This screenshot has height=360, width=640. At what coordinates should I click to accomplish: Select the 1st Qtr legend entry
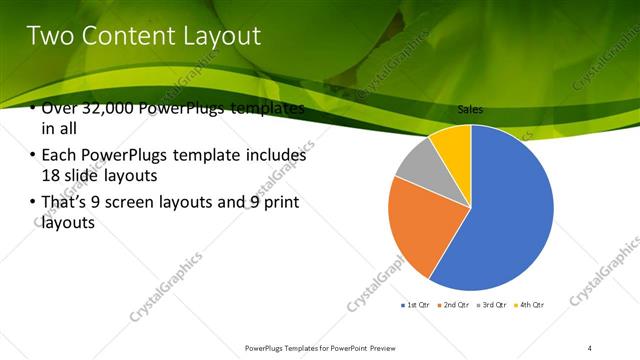[416, 304]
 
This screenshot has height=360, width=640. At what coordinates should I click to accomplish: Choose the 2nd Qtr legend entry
[454, 304]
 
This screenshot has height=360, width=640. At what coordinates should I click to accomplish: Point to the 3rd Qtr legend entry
[493, 304]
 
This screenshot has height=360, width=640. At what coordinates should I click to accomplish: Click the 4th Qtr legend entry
[529, 304]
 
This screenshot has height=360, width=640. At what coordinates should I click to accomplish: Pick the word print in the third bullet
[279, 202]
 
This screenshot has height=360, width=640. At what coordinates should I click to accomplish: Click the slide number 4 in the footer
[590, 348]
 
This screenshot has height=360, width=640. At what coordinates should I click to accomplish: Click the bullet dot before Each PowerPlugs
[33, 155]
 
